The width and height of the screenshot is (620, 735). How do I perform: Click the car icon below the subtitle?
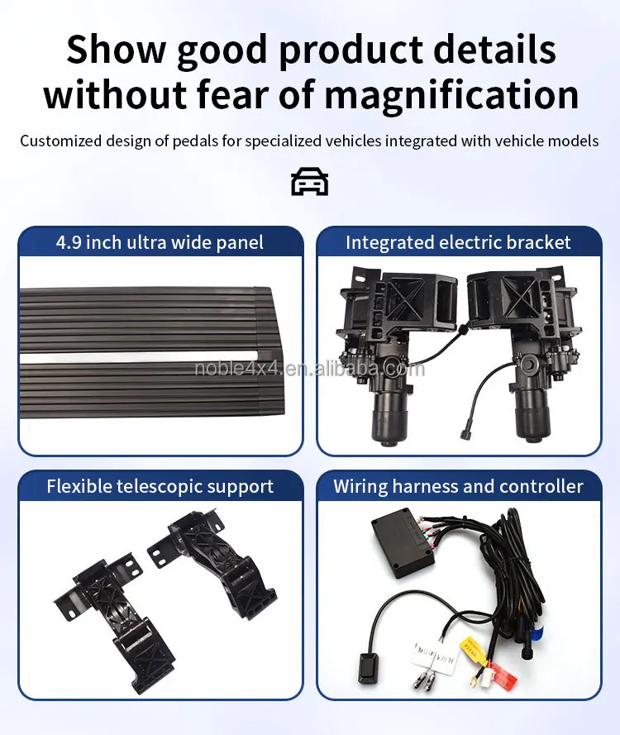(310, 181)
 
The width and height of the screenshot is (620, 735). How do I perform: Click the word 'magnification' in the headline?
(451, 94)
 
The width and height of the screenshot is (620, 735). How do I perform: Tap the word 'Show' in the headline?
(117, 50)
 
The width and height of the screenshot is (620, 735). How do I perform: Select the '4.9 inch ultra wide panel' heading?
(160, 243)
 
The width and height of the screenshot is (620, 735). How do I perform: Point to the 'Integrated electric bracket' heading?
(458, 243)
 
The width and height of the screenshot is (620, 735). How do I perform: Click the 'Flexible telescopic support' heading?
(160, 486)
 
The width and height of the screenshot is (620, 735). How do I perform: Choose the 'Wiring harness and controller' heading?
(458, 486)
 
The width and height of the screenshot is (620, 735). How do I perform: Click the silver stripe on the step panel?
(139, 356)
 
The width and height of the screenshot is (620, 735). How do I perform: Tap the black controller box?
(403, 542)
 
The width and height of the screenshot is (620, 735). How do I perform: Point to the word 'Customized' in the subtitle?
(60, 141)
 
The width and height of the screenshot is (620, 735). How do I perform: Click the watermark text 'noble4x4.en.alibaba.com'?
(309, 369)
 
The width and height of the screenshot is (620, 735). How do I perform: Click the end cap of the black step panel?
(271, 351)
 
